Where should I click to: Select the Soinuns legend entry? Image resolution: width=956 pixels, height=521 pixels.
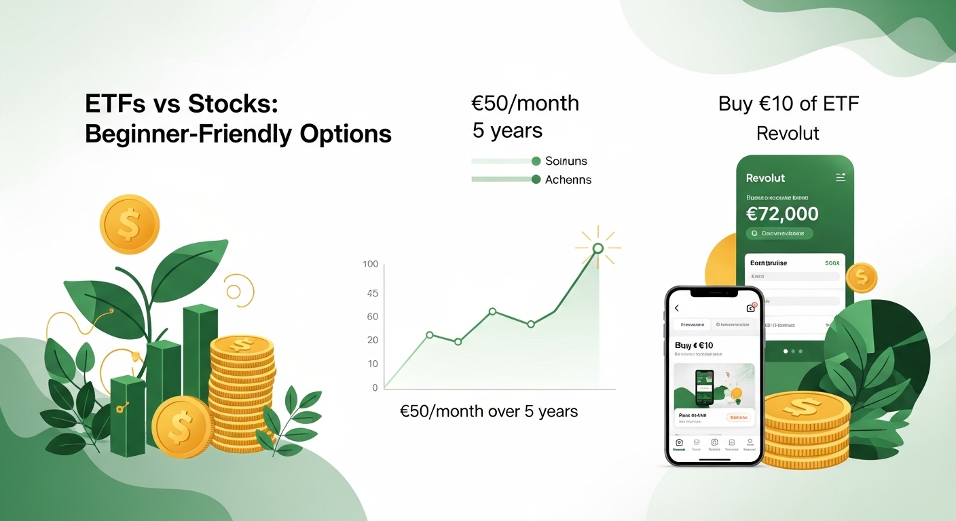pyautogui.click(x=566, y=161)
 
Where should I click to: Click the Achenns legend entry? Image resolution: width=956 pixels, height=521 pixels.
pyautogui.click(x=568, y=180)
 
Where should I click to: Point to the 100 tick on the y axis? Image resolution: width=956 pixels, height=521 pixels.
pyautogui.click(x=371, y=264)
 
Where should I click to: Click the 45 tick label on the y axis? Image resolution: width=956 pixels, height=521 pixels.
pyautogui.click(x=372, y=294)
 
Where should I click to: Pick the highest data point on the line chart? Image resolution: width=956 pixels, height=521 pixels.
pyautogui.click(x=597, y=248)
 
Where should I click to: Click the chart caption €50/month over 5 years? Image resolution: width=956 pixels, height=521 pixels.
pyautogui.click(x=490, y=411)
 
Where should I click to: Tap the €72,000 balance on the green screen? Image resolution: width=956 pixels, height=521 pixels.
pyautogui.click(x=782, y=214)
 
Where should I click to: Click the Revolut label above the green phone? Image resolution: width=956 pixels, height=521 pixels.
pyautogui.click(x=788, y=133)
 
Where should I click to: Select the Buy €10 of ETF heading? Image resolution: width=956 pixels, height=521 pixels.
pyautogui.click(x=788, y=104)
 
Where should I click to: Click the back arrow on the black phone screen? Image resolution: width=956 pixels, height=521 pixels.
pyautogui.click(x=677, y=308)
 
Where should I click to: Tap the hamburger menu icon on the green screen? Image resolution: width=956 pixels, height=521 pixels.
pyautogui.click(x=841, y=178)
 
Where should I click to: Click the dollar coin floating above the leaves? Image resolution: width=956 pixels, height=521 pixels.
pyautogui.click(x=129, y=224)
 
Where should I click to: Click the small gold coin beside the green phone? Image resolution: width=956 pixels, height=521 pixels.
pyautogui.click(x=862, y=277)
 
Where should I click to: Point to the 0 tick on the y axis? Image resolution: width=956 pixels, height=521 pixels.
pyautogui.click(x=375, y=388)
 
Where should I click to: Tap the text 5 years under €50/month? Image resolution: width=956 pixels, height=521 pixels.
pyautogui.click(x=507, y=130)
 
